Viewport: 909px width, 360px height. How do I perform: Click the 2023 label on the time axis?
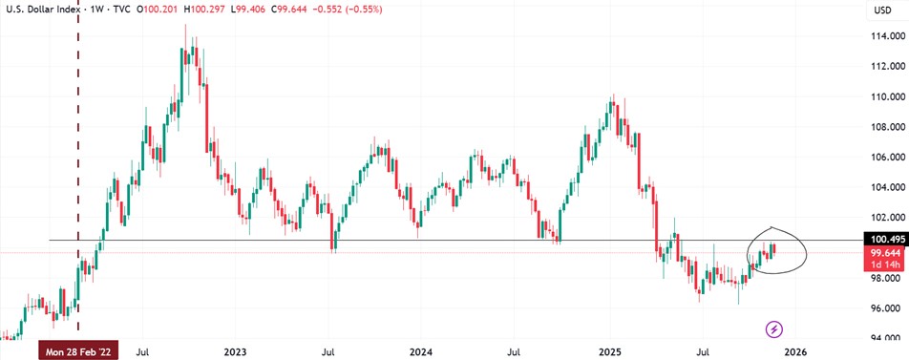point(236,352)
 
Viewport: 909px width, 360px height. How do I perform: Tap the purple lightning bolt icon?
point(774,329)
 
